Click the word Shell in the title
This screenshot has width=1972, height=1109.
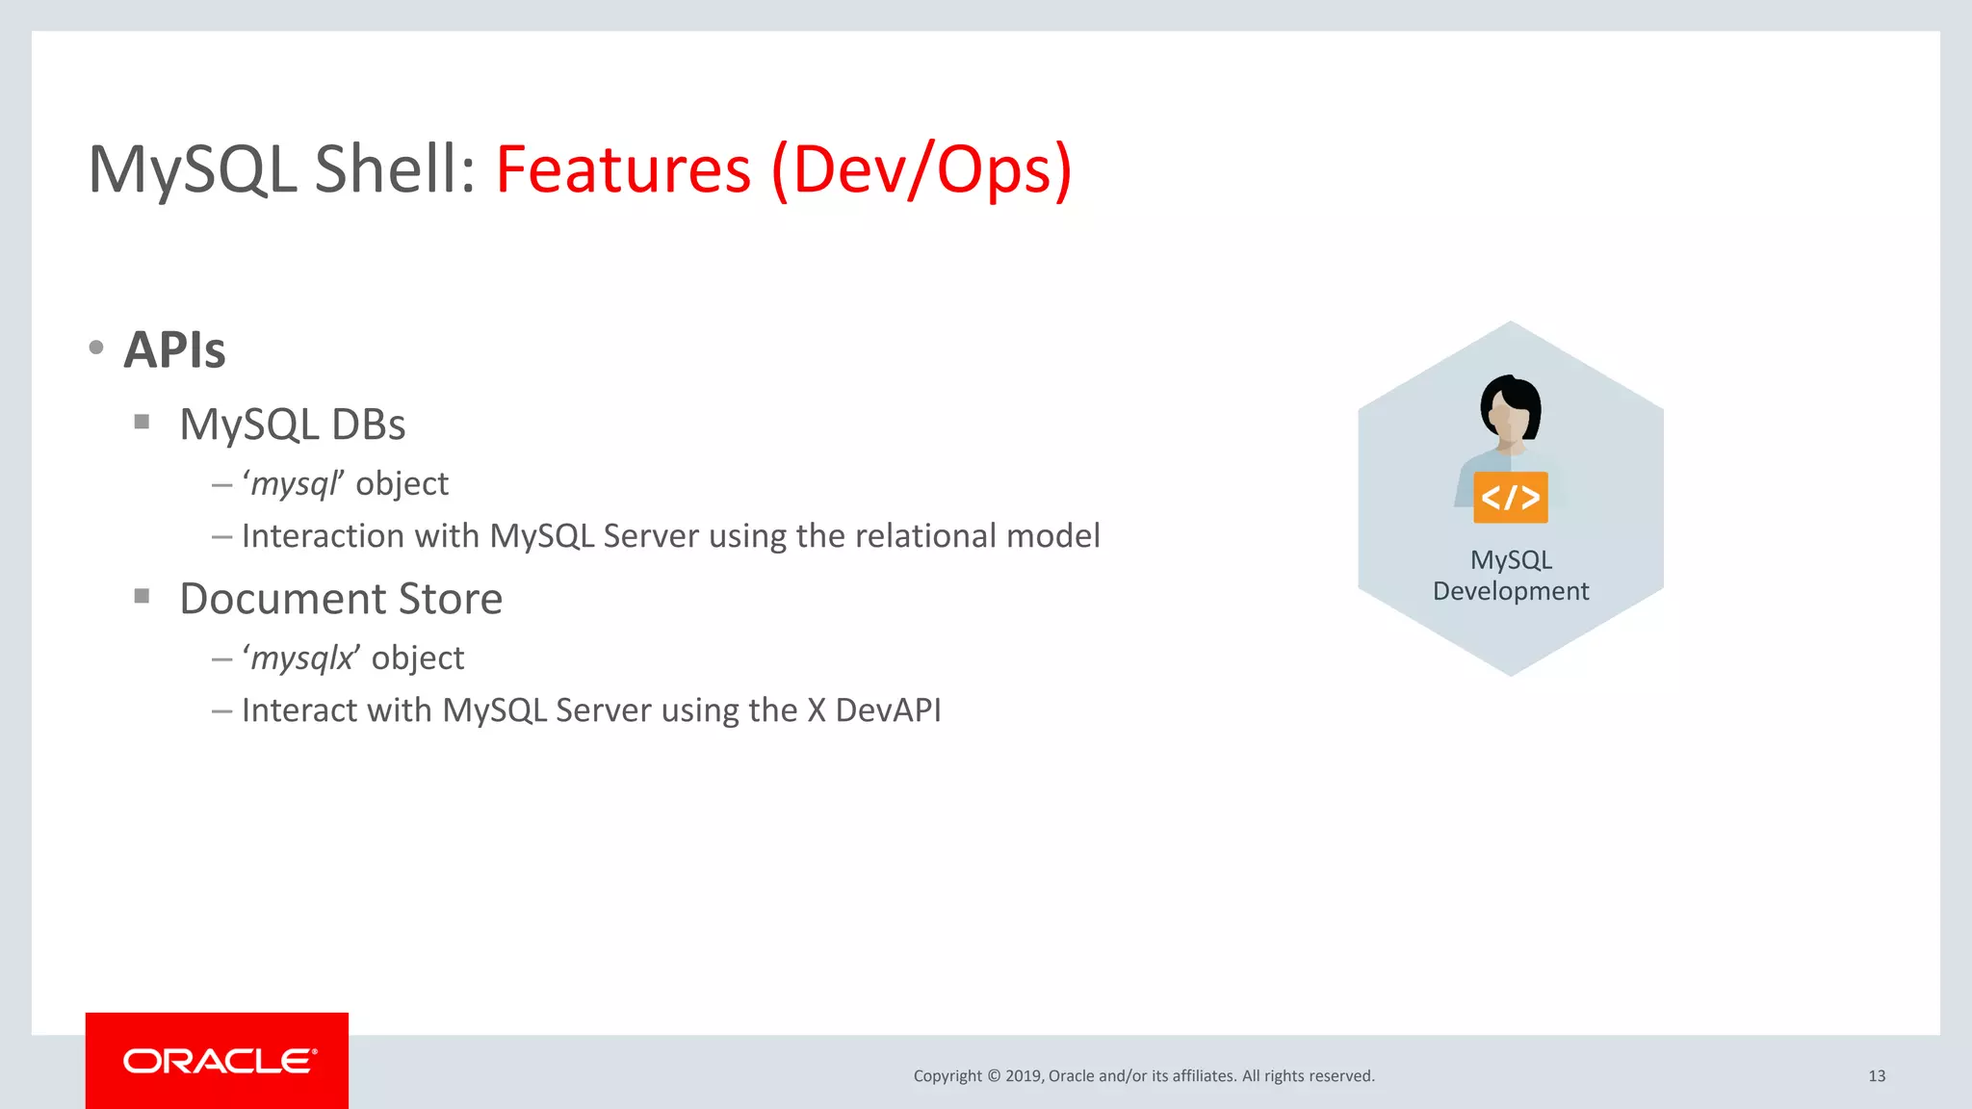pyautogui.click(x=395, y=169)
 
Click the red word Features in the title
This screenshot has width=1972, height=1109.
pyautogui.click(x=623, y=169)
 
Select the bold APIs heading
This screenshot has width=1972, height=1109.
pyautogui.click(x=174, y=349)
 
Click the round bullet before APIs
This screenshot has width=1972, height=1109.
pyautogui.click(x=96, y=348)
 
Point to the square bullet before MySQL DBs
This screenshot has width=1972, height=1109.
pyautogui.click(x=142, y=422)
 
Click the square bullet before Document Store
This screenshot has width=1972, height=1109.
pyautogui.click(x=142, y=596)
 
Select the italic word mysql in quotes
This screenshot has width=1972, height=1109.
pyautogui.click(x=293, y=483)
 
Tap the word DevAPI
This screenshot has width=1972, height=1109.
pyautogui.click(x=888, y=709)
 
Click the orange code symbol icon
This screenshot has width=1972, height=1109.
pyautogui.click(x=1510, y=498)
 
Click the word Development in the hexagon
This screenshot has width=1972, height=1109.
pyautogui.click(x=1510, y=591)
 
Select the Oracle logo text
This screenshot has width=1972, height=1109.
pyautogui.click(x=219, y=1061)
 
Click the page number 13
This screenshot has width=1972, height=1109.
pyautogui.click(x=1876, y=1075)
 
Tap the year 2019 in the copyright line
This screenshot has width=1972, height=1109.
pyautogui.click(x=1024, y=1075)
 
